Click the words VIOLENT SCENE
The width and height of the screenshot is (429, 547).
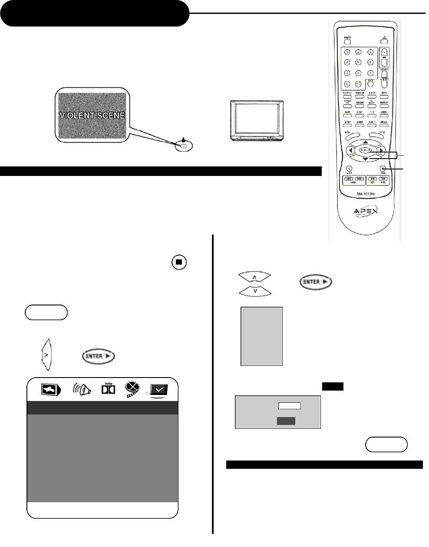(x=92, y=116)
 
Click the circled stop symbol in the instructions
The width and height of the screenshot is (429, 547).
(x=179, y=262)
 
